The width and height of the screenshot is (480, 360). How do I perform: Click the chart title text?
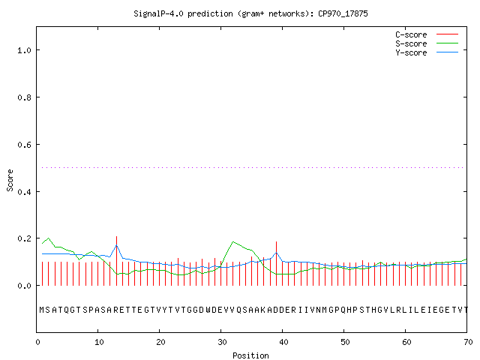coord(250,13)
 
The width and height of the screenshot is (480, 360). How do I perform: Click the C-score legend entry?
coord(427,34)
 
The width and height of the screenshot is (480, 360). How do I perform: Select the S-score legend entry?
coord(427,43)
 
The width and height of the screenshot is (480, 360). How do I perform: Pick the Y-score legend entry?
coord(427,52)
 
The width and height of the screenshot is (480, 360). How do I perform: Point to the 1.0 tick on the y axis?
coord(24,50)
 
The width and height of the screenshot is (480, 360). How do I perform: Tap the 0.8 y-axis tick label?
coord(24,97)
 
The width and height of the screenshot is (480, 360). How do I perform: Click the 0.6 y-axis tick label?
coord(24,145)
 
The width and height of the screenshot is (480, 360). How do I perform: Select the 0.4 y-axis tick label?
coord(24,192)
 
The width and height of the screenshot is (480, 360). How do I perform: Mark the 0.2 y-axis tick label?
coord(24,238)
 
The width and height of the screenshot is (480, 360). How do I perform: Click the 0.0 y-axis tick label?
coord(24,286)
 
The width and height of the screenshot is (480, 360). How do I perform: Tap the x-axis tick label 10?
coord(99,342)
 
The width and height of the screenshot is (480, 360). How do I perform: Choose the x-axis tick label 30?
coord(222,342)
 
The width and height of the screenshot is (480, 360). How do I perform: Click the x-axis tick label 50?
coord(345,342)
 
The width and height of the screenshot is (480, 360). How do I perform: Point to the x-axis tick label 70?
coord(468,342)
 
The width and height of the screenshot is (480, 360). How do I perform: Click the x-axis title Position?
coord(250,355)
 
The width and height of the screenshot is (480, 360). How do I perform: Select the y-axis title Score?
coord(10,180)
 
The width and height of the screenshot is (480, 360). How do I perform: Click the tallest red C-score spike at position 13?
coord(117,261)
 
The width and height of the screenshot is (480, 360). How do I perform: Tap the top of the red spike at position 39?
coord(277,241)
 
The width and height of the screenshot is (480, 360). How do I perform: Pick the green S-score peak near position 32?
coord(233,241)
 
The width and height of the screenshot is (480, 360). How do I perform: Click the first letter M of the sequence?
coord(42,310)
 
